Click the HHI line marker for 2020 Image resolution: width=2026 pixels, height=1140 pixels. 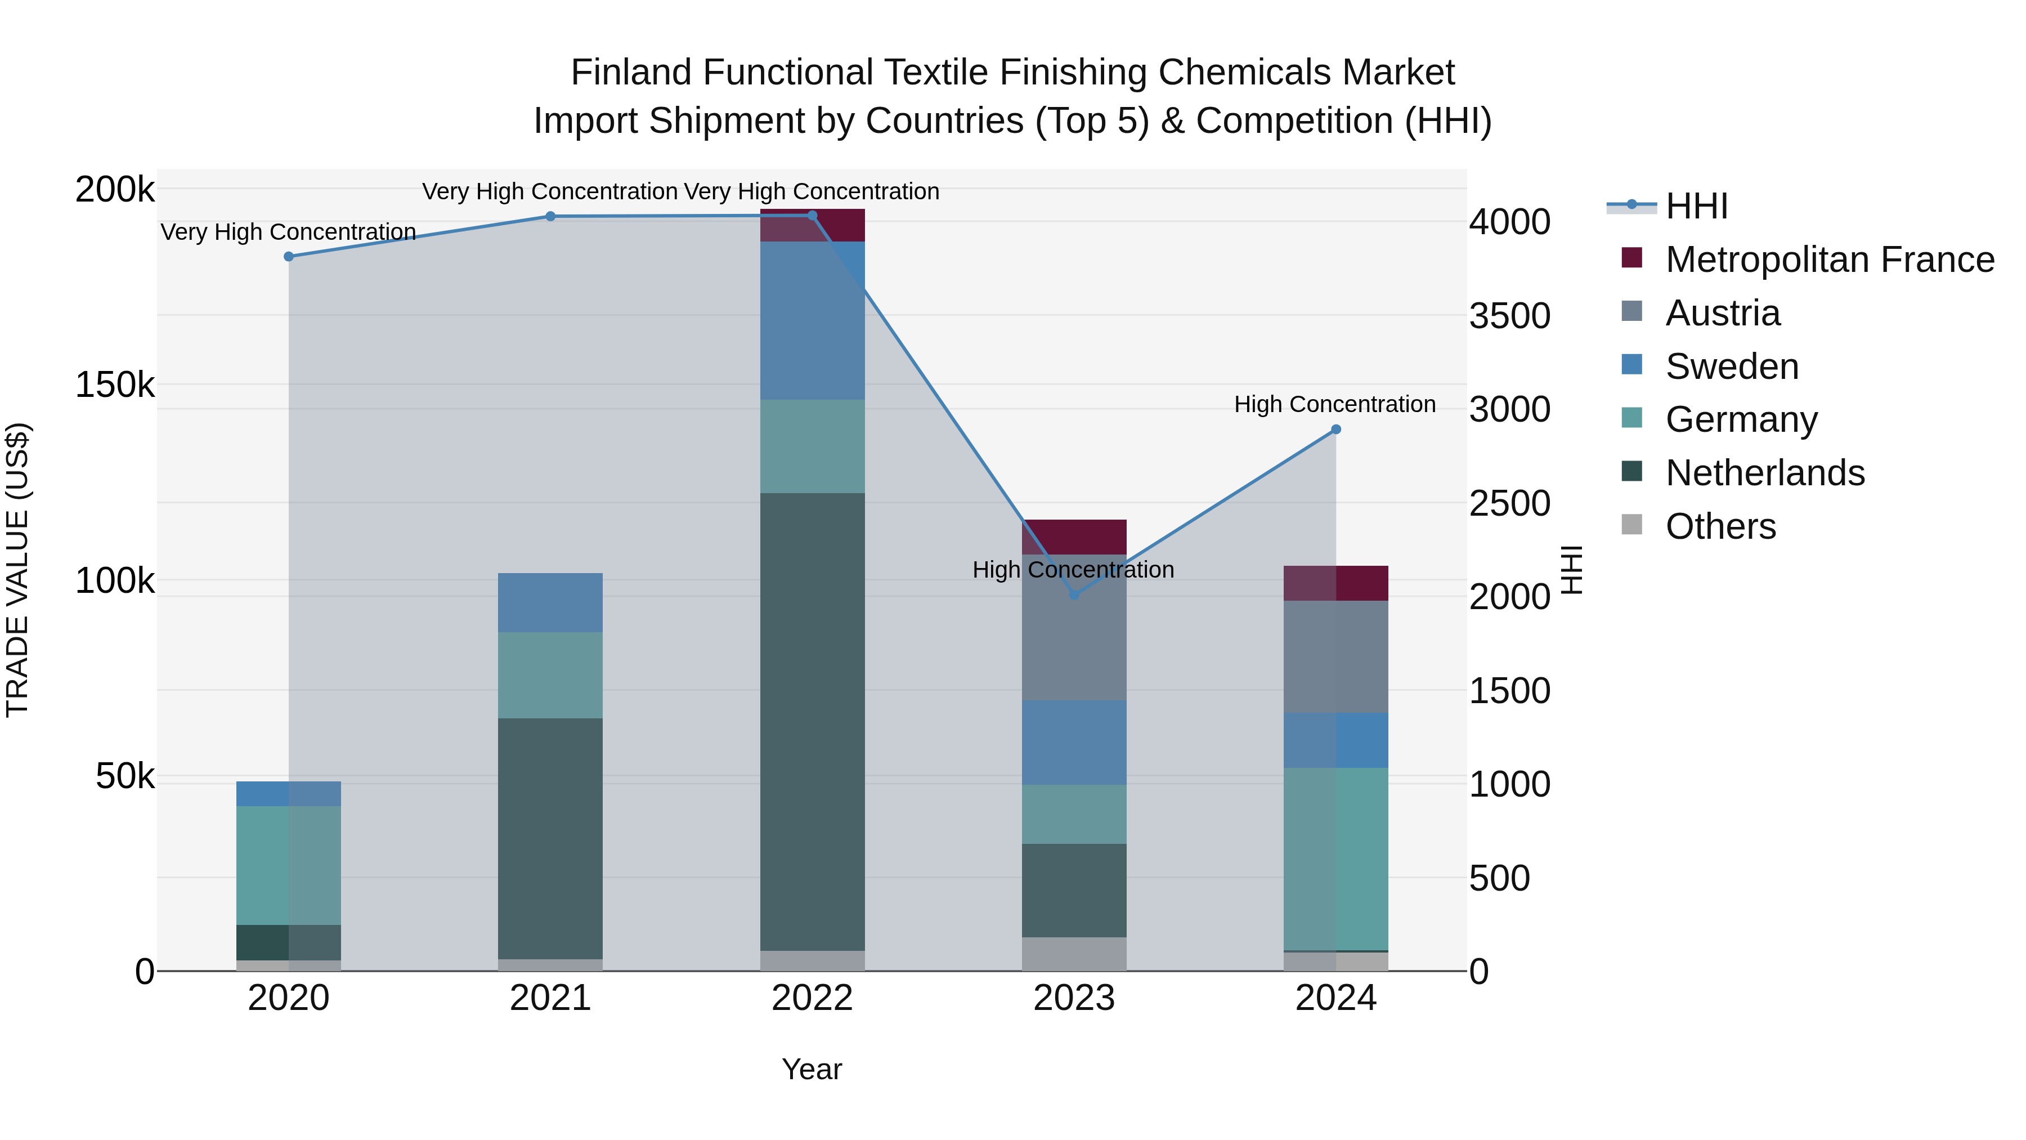coord(289,257)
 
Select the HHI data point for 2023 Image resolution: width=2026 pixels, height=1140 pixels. coord(1074,595)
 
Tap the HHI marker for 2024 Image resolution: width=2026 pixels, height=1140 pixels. coord(1335,430)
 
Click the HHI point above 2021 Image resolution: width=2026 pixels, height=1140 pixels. coord(550,216)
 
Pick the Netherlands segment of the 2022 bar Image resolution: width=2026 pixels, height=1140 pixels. coord(813,722)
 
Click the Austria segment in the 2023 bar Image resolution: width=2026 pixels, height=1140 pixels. coord(1074,627)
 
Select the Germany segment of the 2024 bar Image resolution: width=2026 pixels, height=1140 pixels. coord(1335,859)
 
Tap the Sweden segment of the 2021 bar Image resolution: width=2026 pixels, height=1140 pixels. coord(550,602)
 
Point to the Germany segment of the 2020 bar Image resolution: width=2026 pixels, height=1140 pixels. coord(289,865)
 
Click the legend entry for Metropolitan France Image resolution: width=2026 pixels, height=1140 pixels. coord(1830,260)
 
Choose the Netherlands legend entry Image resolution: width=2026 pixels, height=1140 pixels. coord(1765,473)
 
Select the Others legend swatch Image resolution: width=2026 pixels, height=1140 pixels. coord(1632,525)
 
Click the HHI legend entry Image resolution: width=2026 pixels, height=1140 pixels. coord(1696,206)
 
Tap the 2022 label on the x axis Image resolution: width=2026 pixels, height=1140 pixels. coord(813,998)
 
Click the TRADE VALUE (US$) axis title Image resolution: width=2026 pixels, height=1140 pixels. coord(17,570)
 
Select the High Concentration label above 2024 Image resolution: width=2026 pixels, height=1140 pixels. coord(1335,404)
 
